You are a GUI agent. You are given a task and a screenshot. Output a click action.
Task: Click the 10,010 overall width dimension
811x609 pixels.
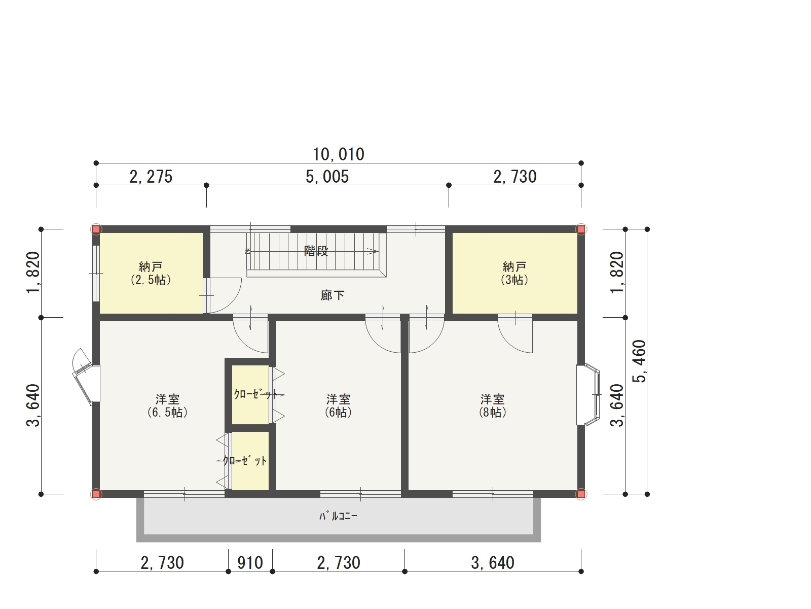pyautogui.click(x=339, y=154)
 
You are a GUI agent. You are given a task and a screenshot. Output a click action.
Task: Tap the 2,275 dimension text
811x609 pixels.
pyautogui.click(x=151, y=177)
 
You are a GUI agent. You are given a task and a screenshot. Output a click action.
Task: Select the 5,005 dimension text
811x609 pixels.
pyautogui.click(x=327, y=177)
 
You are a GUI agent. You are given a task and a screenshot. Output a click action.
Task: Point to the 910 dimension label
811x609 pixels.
pyautogui.click(x=250, y=562)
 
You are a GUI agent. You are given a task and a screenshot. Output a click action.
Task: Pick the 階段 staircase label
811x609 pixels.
pyautogui.click(x=316, y=251)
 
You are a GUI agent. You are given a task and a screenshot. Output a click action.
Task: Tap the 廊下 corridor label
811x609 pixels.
pyautogui.click(x=333, y=295)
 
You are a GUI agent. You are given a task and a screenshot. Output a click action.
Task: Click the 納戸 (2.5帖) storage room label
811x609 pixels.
pyautogui.click(x=151, y=273)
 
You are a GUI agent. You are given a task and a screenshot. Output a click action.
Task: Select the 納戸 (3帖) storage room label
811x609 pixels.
pyautogui.click(x=514, y=273)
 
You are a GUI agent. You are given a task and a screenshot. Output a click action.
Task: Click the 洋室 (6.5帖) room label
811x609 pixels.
pyautogui.click(x=167, y=405)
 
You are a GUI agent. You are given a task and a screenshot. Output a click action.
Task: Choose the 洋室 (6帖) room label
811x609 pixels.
pyautogui.click(x=338, y=405)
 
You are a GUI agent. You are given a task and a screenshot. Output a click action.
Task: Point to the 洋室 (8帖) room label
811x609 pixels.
pyautogui.click(x=493, y=405)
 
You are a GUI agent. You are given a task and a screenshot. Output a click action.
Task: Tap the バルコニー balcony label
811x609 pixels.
pyautogui.click(x=338, y=516)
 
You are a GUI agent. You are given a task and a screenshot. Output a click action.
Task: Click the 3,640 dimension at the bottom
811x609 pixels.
pyautogui.click(x=493, y=562)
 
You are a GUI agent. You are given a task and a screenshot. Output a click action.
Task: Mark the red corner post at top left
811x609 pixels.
pyautogui.click(x=96, y=229)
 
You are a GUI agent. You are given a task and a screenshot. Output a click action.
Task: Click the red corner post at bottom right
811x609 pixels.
pyautogui.click(x=581, y=494)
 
